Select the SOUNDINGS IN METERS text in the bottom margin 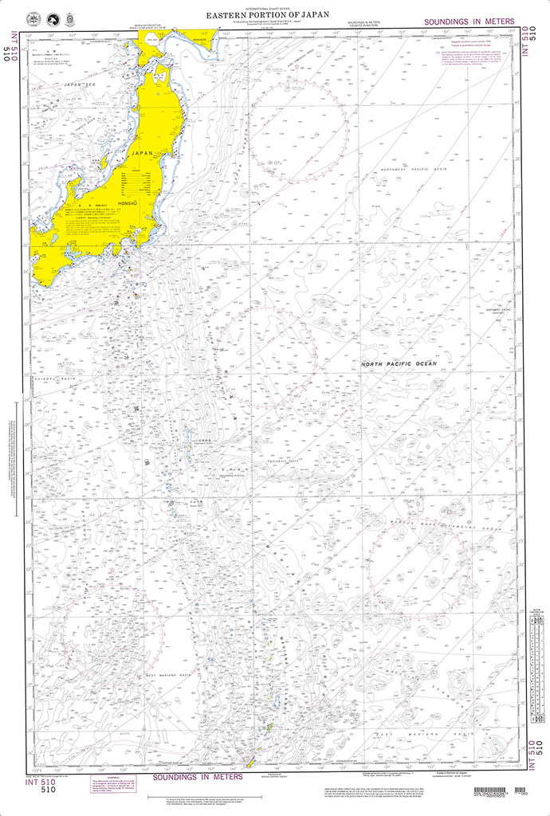(198, 776)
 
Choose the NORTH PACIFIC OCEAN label (399, 363)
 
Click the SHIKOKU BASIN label (56, 379)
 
